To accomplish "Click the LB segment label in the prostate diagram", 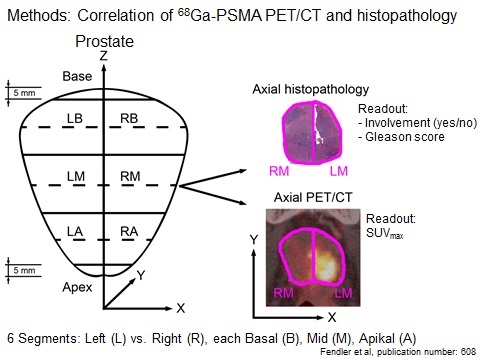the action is coord(75,118).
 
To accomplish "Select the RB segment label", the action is coord(129,118).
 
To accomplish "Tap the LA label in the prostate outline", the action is coord(75,231).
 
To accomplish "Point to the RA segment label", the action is coord(129,231).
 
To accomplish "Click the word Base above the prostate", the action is coord(77,76).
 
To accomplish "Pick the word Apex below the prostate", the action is coord(77,287).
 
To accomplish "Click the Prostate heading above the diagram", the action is coord(104,42).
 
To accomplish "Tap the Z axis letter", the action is coord(104,56).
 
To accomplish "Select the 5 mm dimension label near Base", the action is coord(24,93).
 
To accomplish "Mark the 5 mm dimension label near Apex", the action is coord(24,270).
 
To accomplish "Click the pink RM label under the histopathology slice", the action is coord(279,171).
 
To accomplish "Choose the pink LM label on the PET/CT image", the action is coord(344,293).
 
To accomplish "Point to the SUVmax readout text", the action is coord(385,233).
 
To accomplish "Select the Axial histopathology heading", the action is coord(311,89).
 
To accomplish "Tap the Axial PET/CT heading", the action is coord(313,197).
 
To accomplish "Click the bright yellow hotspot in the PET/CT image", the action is coord(325,263).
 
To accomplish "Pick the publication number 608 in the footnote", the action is coord(469,351).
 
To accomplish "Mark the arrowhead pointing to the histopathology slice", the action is coord(242,171).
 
